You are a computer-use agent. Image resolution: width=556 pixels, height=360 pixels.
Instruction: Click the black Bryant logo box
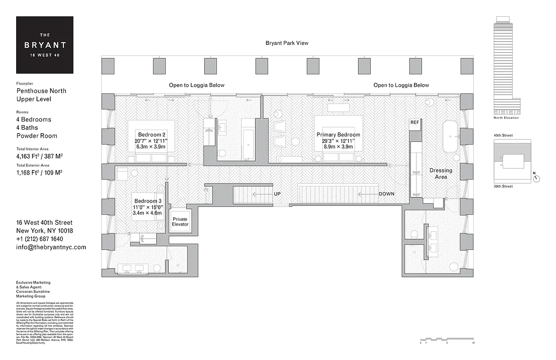click(x=45, y=45)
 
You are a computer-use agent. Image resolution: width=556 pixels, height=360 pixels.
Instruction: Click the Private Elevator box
click(x=180, y=222)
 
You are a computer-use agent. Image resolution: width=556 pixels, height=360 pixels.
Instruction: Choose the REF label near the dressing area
click(x=414, y=122)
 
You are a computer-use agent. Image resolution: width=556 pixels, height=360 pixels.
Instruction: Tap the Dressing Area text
click(x=441, y=174)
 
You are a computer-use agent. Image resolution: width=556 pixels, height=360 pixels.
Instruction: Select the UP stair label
click(x=277, y=194)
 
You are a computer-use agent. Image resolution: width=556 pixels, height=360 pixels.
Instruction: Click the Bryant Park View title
click(x=287, y=43)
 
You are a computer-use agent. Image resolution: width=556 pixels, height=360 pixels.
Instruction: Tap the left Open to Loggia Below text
click(x=197, y=85)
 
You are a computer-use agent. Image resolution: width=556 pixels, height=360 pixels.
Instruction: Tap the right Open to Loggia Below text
click(x=401, y=85)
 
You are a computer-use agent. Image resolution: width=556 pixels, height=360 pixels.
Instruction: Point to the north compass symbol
click(x=536, y=178)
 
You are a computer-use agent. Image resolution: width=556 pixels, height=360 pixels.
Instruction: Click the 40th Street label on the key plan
click(x=503, y=135)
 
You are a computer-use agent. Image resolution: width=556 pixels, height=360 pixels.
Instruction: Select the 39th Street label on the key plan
click(x=503, y=186)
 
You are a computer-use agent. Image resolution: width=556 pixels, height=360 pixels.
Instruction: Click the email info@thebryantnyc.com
click(x=51, y=247)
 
